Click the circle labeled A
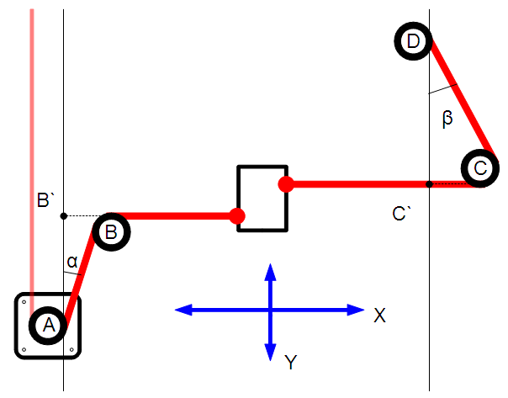point(47,325)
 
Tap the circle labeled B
point(112,231)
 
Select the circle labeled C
point(479,168)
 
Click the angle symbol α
point(72,263)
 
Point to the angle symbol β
point(447,119)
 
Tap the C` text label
point(401,214)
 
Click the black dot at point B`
point(64,216)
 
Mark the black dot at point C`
point(429,183)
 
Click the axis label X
point(380,315)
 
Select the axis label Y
point(290,363)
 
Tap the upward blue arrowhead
point(270,271)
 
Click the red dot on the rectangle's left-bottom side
point(238,216)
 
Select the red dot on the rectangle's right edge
point(286,183)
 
